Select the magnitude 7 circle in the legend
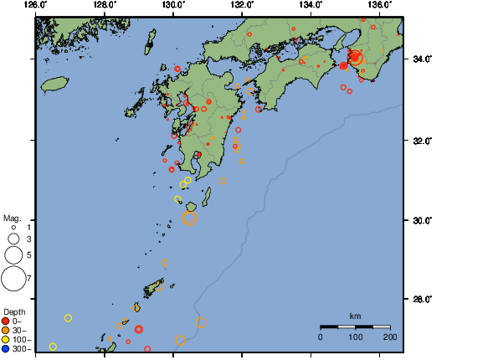(x=13, y=276)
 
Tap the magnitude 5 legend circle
(x=13, y=255)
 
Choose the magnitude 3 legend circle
(x=13, y=239)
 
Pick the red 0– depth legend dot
(x=6, y=321)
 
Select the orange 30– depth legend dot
(x=6, y=330)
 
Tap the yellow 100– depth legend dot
(x=6, y=339)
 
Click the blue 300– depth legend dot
(x=6, y=348)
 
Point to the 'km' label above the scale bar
(x=355, y=316)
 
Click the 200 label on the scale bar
(x=389, y=337)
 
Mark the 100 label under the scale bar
(x=355, y=337)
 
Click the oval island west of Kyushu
(x=54, y=85)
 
